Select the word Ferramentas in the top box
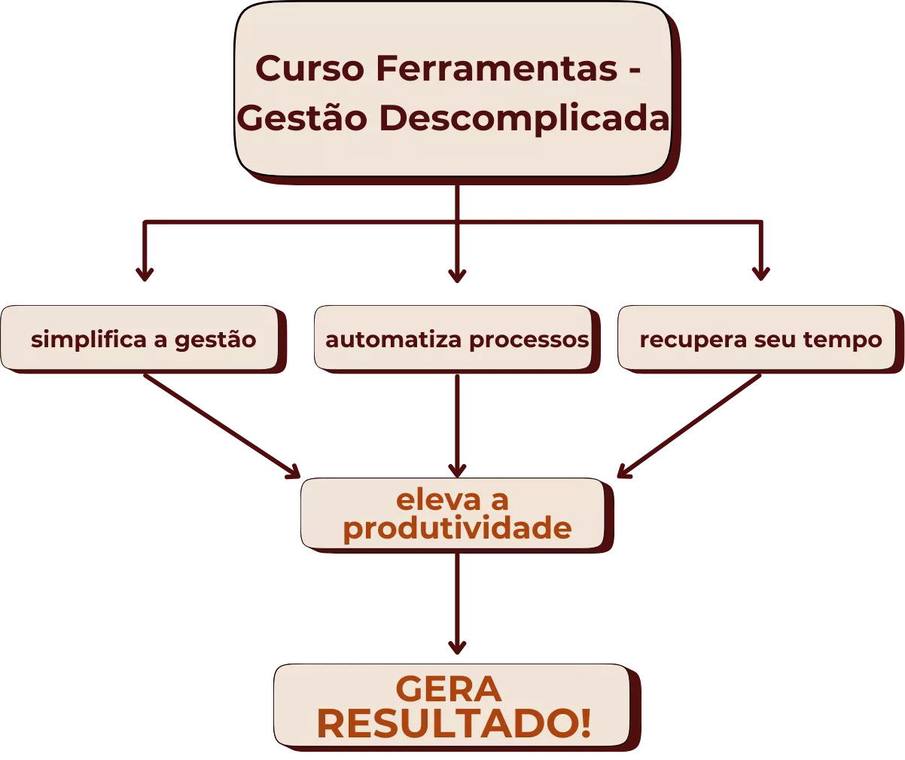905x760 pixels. click(497, 69)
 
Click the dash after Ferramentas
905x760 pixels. click(634, 70)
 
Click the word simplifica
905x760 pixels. click(89, 340)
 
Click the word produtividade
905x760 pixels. click(457, 528)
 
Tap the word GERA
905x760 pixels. click(448, 689)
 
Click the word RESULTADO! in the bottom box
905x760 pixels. click(453, 724)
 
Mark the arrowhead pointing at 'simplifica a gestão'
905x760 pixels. click(145, 273)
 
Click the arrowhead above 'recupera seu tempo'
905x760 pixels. click(759, 273)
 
